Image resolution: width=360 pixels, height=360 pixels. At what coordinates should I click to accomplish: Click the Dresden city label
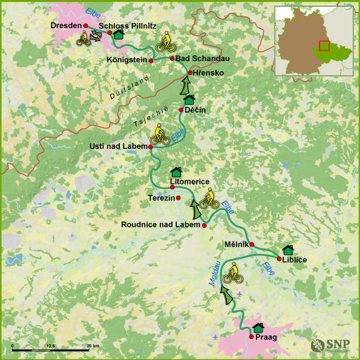point(65,26)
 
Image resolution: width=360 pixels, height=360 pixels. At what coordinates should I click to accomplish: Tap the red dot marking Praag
point(252,336)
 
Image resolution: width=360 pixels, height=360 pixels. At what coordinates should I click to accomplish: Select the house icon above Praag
point(258,327)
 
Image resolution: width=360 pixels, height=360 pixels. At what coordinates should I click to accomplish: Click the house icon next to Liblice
point(288,250)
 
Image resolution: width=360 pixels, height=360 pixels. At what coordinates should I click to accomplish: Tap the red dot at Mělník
point(252,244)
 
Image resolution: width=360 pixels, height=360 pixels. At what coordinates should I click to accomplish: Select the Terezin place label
point(161,198)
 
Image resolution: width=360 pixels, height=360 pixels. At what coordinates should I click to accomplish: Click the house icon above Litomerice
point(177,172)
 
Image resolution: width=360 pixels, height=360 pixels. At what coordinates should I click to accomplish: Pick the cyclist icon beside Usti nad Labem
point(159,134)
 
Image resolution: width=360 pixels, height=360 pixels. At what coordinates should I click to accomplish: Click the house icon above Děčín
point(189,99)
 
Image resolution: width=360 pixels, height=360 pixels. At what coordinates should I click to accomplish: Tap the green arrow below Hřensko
point(185,86)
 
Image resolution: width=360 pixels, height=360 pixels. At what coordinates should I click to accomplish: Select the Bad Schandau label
point(200,58)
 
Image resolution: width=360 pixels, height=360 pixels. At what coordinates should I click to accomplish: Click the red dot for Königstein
point(151,61)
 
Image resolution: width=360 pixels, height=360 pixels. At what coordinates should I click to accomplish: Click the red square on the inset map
point(324,46)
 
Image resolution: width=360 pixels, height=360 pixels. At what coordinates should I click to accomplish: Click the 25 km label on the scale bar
point(92,345)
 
